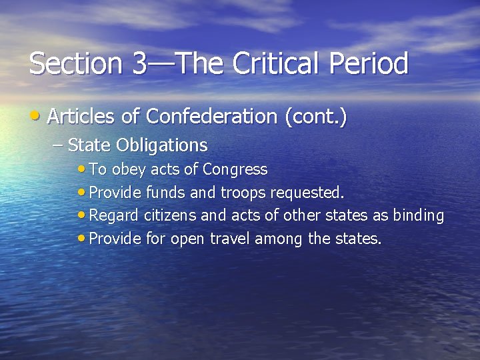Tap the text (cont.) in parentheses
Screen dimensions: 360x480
pyautogui.click(x=315, y=117)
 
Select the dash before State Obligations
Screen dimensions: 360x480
pyautogui.click(x=58, y=145)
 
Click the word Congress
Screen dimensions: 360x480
pyautogui.click(x=235, y=170)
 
